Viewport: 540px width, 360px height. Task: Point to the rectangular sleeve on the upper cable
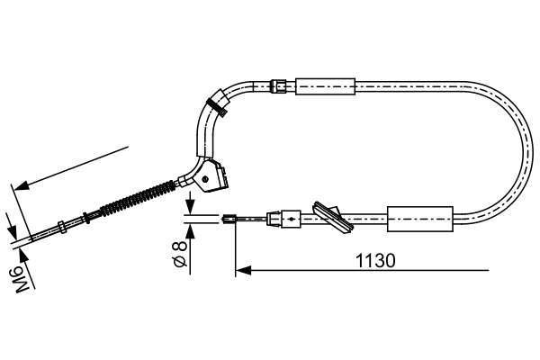point(326,86)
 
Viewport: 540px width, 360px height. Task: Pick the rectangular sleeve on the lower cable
point(418,218)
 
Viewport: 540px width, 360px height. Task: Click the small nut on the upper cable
point(279,86)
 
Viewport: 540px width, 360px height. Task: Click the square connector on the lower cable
point(290,217)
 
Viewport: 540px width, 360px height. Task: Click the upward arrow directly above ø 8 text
point(190,229)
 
